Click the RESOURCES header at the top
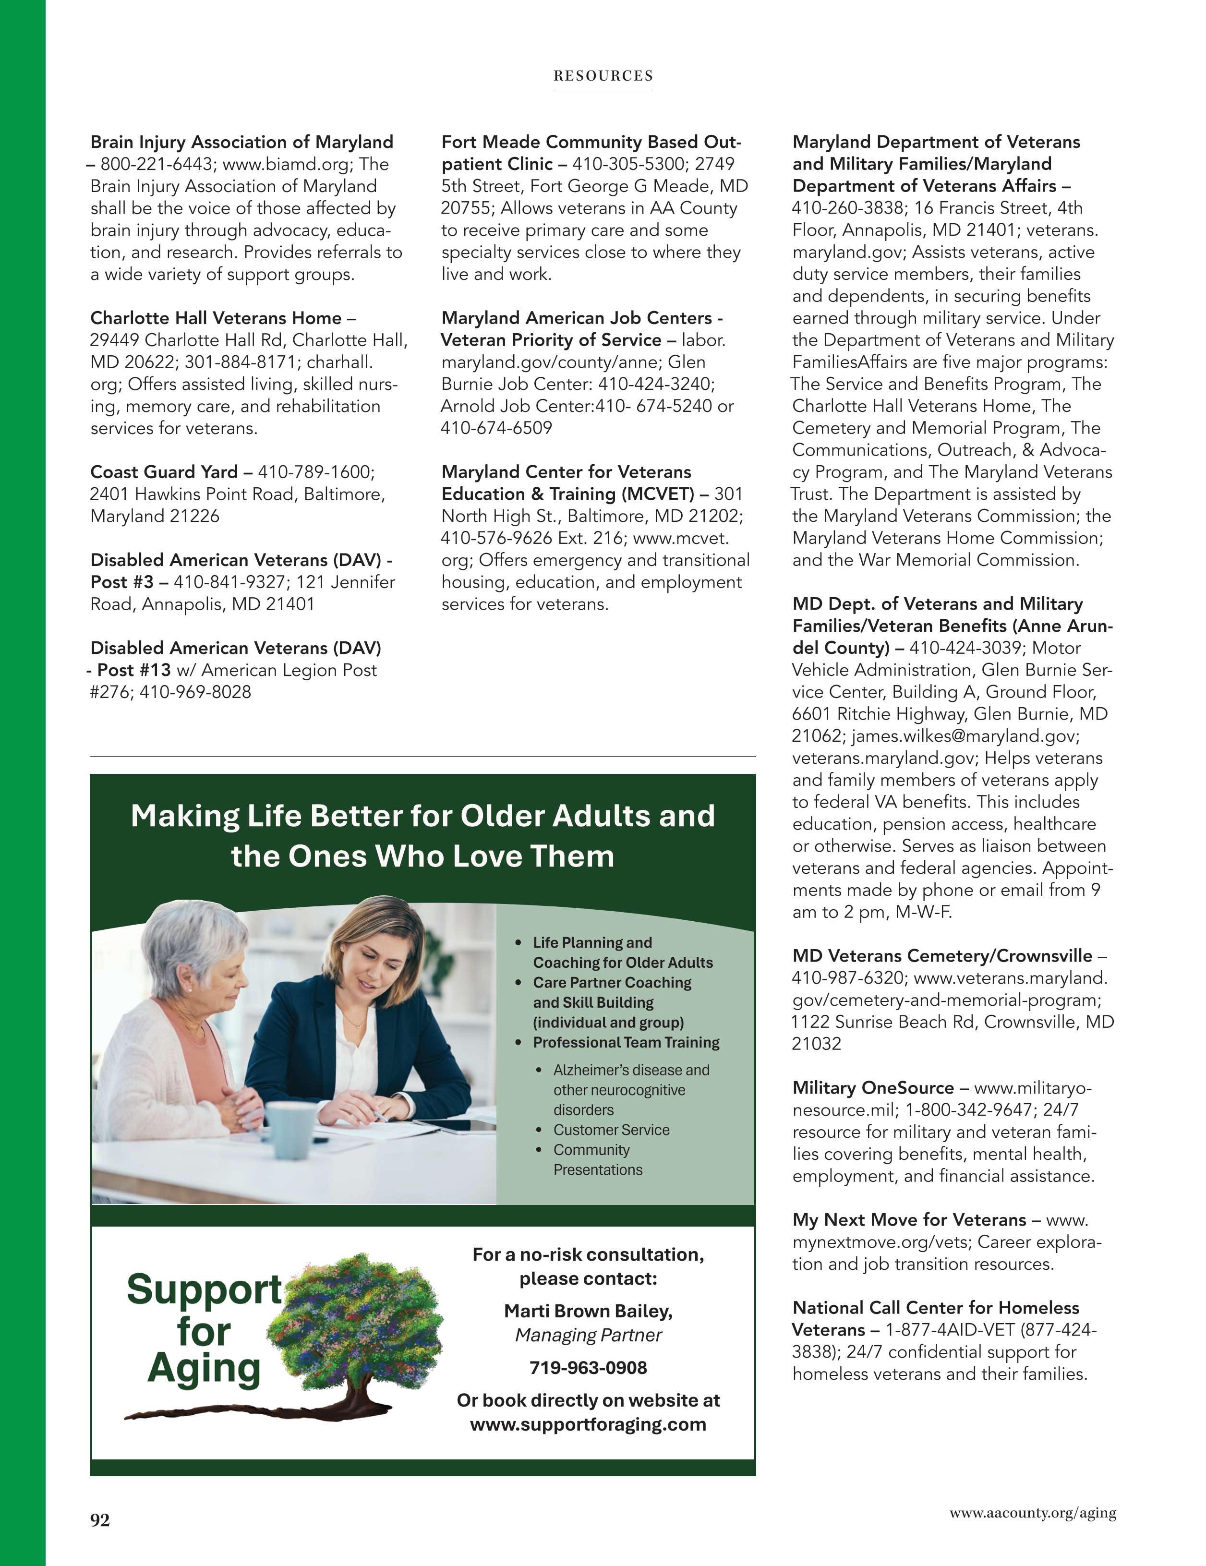[603, 75]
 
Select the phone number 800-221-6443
[157, 164]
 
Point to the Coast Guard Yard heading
[164, 472]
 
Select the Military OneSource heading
[873, 1088]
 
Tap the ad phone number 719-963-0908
[588, 1367]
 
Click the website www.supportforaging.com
[588, 1423]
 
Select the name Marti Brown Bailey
[588, 1311]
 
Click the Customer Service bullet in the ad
[611, 1130]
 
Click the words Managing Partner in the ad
[588, 1335]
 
